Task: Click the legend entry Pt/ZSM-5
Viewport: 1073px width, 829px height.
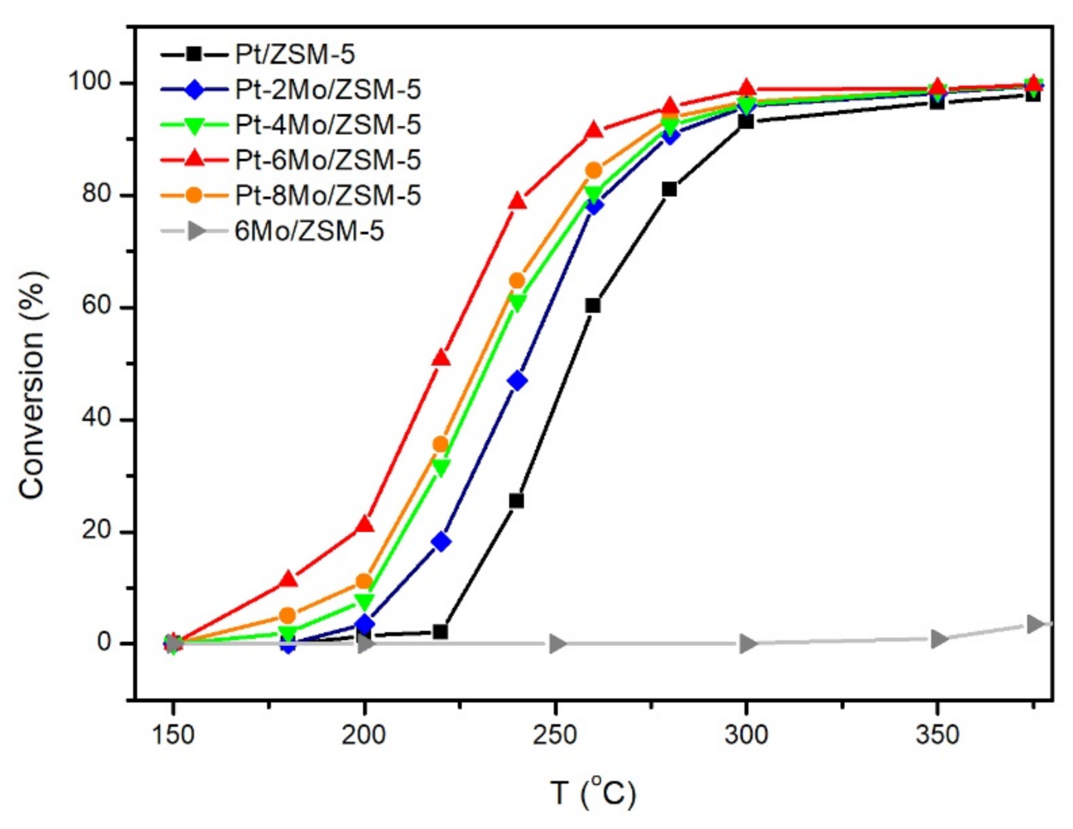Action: (x=295, y=55)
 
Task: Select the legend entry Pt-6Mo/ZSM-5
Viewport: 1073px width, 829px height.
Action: (x=327, y=160)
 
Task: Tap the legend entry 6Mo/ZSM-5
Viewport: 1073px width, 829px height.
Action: (x=309, y=232)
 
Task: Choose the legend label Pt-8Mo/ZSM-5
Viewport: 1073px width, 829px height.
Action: (x=327, y=196)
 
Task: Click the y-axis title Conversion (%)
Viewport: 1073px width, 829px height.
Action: (x=32, y=385)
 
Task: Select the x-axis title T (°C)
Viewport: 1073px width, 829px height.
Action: (x=593, y=793)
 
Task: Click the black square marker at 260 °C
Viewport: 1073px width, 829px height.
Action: (x=593, y=306)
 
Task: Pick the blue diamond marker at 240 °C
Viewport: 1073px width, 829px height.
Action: (x=517, y=381)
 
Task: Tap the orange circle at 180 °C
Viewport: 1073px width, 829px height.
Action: (x=288, y=615)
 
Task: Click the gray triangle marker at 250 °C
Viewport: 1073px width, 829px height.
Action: (x=557, y=644)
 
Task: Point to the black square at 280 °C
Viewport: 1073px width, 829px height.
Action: (x=669, y=189)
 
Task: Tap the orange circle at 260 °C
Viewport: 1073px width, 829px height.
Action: (x=593, y=170)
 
